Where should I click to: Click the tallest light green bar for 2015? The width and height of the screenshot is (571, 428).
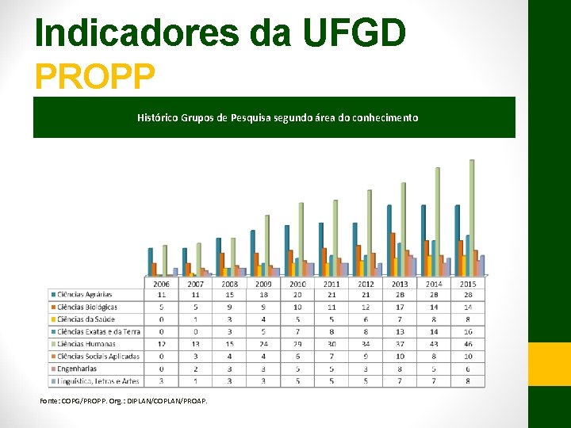[472, 217]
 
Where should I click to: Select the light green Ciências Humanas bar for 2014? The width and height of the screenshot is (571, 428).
[438, 222]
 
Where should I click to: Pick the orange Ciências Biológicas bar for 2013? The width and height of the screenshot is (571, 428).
[393, 254]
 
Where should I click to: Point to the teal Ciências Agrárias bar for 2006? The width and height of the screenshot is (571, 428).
[150, 262]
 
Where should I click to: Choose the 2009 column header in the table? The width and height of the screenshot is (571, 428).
[264, 283]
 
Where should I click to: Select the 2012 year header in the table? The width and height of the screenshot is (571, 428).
[366, 283]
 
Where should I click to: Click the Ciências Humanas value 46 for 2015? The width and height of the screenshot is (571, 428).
[468, 344]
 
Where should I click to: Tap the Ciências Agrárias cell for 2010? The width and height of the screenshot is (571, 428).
[297, 295]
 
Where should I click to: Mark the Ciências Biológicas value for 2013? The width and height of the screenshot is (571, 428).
[400, 307]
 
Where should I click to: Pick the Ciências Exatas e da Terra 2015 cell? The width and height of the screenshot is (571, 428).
[468, 331]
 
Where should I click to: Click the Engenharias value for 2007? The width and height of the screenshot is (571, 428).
[196, 369]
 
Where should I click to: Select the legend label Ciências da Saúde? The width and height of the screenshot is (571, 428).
[86, 319]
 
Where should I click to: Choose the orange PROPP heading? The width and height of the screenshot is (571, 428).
[94, 77]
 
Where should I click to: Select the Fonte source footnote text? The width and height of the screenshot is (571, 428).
[124, 401]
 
